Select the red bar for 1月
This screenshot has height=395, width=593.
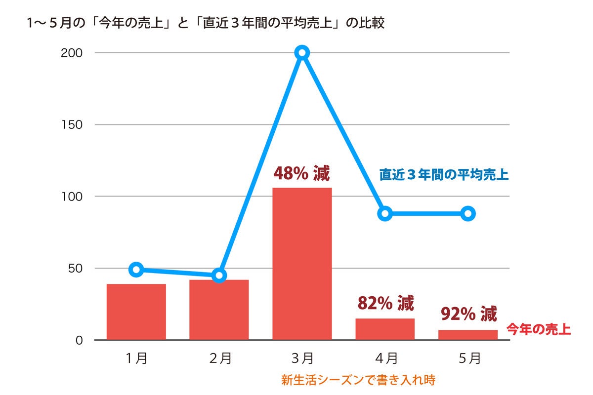point(136,312)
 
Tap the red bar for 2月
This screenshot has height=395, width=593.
point(219,310)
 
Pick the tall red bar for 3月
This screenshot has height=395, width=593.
point(302,264)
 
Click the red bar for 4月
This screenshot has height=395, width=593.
point(385,329)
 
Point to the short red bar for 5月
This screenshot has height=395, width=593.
point(468,335)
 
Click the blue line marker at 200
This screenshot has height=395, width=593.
point(302,52)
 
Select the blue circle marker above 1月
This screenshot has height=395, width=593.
point(137,269)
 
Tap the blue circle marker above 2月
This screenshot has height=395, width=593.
point(219,275)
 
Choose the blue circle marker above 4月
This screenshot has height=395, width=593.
point(385,213)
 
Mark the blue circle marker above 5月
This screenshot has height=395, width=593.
point(468,213)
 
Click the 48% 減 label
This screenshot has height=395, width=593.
point(301,174)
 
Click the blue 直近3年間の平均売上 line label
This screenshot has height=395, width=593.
point(444,175)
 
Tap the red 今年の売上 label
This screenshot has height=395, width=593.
point(538,329)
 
